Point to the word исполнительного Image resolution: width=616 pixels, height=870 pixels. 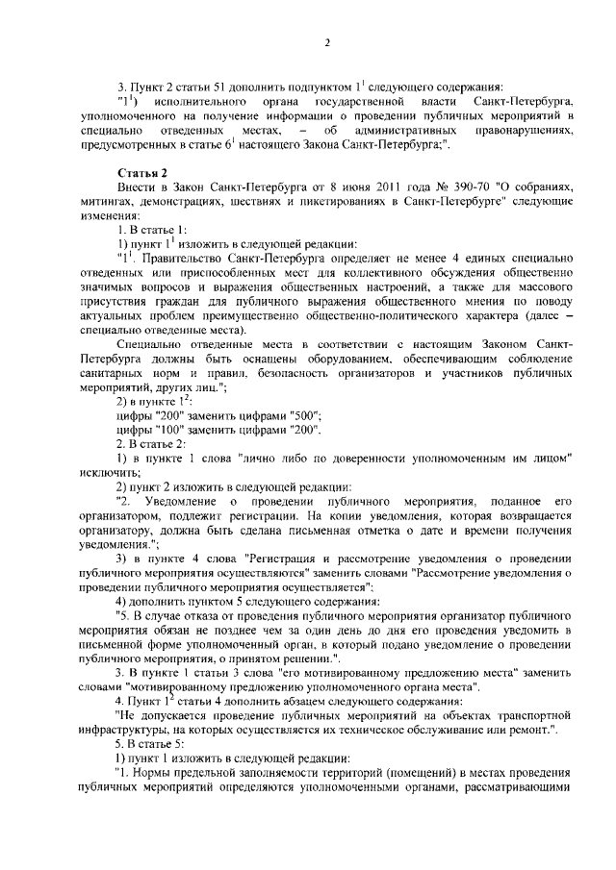196,101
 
